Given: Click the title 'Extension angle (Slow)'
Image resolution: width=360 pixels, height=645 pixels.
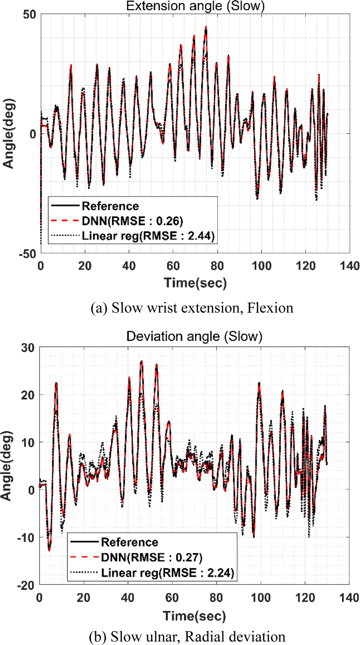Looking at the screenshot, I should point(195,6).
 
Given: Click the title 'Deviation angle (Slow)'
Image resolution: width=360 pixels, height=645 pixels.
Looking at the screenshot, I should point(194,336).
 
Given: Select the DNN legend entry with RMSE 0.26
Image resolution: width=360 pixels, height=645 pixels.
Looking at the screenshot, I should point(132,221).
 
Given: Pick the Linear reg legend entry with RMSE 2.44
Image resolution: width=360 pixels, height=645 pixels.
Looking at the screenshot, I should point(148,236).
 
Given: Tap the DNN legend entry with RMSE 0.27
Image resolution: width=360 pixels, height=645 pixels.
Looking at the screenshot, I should point(151,557).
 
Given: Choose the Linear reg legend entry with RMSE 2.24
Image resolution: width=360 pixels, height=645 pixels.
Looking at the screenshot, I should point(167,573).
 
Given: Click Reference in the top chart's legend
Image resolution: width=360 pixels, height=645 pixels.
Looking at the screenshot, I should point(110,206).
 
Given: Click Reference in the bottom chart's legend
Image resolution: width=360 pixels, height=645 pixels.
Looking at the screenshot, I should point(129,542).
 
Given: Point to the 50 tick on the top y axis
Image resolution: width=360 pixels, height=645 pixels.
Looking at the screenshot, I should point(30,15).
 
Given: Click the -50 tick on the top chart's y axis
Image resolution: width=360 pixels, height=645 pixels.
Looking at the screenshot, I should point(28,254).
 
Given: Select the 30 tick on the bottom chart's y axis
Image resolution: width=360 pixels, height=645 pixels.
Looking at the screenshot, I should point(28,348).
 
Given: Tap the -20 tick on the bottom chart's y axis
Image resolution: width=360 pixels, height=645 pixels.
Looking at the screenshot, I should point(26,585).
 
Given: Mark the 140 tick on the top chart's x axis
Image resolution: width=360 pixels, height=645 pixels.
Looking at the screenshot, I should point(350,266).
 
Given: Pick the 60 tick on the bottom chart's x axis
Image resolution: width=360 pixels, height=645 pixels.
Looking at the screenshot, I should point(172,598).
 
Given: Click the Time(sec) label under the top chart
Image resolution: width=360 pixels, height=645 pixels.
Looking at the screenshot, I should point(195,283).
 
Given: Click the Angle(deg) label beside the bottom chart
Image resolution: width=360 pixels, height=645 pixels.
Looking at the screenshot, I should point(6,466).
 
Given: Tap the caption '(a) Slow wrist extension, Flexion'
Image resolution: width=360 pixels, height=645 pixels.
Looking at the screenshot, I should point(192,308).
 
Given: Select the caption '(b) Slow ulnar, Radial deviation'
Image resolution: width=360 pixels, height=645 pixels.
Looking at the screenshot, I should point(187,637).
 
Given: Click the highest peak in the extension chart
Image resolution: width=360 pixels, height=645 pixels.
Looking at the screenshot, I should point(206,27).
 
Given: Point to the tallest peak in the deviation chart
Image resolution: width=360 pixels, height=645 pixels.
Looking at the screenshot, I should point(141,361).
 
